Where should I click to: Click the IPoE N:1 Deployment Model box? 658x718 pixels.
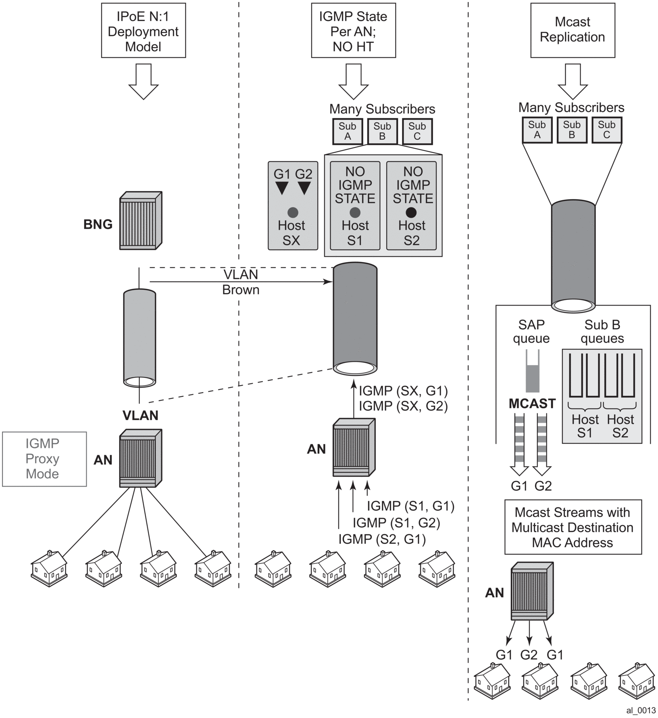[x=143, y=31]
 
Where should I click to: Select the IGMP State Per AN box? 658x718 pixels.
[x=353, y=31]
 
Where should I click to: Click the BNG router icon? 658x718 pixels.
[x=140, y=221]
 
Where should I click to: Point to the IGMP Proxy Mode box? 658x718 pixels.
[x=44, y=459]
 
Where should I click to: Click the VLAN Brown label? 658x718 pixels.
[x=241, y=282]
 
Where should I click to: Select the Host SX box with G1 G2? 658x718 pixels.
[x=293, y=206]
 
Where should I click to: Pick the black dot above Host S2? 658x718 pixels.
[x=411, y=212]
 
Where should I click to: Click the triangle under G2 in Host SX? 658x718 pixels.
[x=304, y=188]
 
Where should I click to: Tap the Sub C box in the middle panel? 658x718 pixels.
[x=417, y=132]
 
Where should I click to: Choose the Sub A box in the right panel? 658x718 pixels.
[x=537, y=130]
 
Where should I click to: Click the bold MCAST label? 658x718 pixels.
[x=532, y=404]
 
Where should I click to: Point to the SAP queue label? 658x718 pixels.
[x=531, y=331]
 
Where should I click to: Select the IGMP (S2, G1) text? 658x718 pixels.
[x=382, y=539]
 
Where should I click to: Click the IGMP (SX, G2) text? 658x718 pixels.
[x=403, y=406]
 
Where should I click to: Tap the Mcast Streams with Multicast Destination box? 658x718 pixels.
[x=573, y=527]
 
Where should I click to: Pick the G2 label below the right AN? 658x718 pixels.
[x=529, y=655]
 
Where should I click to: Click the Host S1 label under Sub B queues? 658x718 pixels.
[x=585, y=426]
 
